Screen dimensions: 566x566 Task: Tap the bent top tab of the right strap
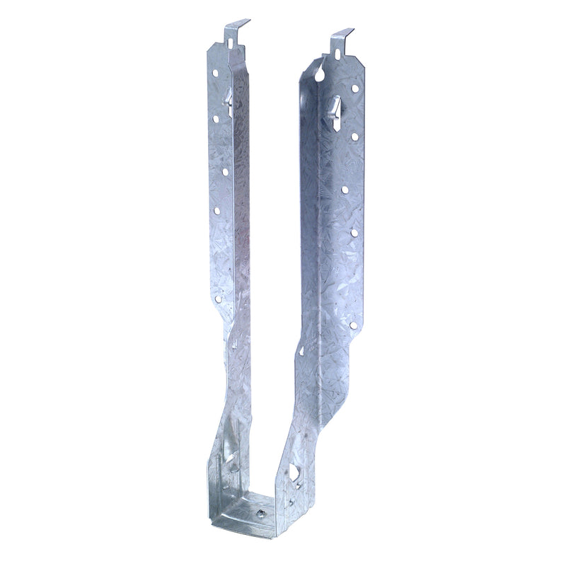click(x=342, y=35)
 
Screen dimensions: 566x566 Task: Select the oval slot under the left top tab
click(x=231, y=43)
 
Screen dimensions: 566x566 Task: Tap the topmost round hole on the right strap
click(x=354, y=88)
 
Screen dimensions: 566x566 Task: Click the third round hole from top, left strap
click(x=225, y=171)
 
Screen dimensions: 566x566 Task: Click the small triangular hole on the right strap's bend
click(x=301, y=351)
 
